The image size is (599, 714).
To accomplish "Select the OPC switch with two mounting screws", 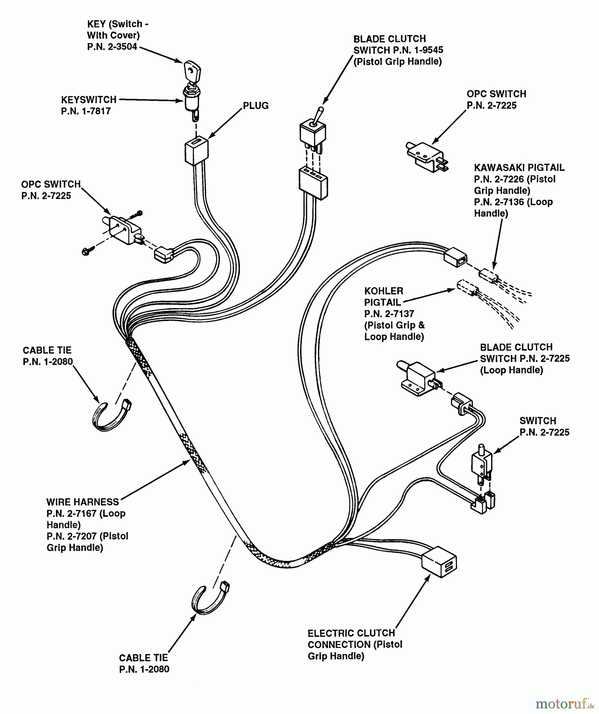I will (x=122, y=230).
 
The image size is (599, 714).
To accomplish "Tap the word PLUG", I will (x=255, y=106).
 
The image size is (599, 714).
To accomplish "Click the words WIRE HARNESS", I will (x=82, y=502).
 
